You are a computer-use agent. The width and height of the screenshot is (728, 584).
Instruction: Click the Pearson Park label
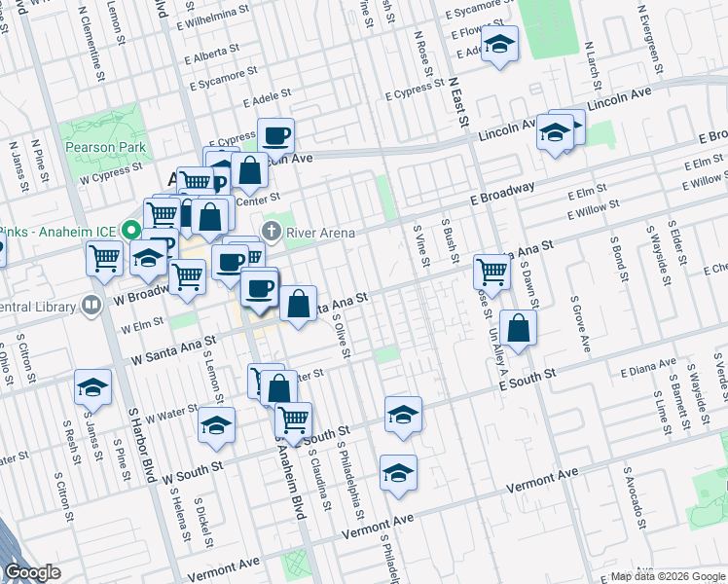[106, 148]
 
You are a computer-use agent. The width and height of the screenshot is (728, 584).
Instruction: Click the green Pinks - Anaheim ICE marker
[127, 231]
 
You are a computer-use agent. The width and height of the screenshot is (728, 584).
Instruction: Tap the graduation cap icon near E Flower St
[500, 44]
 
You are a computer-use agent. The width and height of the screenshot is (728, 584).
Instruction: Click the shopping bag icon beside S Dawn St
[519, 328]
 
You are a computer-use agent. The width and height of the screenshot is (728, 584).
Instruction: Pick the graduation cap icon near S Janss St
[92, 387]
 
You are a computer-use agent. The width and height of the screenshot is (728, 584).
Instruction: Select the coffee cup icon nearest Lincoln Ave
[275, 135]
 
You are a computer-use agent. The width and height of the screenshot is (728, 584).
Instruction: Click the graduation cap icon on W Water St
[216, 424]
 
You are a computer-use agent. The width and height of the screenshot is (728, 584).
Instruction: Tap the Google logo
[33, 572]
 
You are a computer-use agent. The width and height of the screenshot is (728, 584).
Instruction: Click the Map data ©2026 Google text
[668, 576]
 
